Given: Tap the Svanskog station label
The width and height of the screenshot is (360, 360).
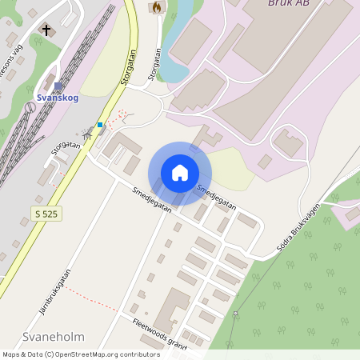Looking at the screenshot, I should point(58,98).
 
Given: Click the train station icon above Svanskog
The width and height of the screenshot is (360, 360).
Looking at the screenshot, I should point(58,86).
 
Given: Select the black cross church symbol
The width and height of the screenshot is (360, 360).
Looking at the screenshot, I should point(46,31).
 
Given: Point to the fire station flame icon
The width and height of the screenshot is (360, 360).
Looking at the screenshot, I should point(156,6).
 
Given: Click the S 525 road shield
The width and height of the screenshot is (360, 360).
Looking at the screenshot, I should point(47,213).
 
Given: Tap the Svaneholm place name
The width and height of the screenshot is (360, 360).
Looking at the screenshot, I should point(54,337).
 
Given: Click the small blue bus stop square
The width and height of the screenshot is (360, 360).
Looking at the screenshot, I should point(100,125).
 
